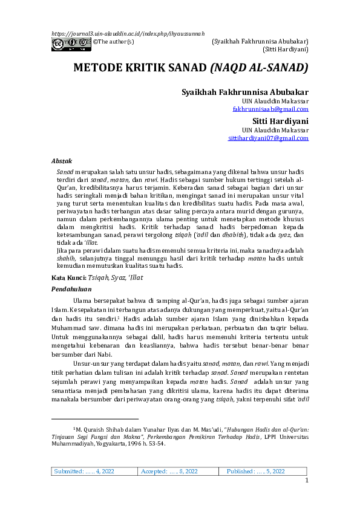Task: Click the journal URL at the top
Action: tap(128, 33)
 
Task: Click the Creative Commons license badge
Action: tap(71, 42)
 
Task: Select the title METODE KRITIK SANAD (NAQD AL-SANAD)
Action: tap(191, 67)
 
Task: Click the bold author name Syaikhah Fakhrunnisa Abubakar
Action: tap(245, 92)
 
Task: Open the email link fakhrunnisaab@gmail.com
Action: tap(270, 109)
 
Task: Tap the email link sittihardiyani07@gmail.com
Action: tap(268, 138)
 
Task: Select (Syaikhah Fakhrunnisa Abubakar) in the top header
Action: tap(260, 41)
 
